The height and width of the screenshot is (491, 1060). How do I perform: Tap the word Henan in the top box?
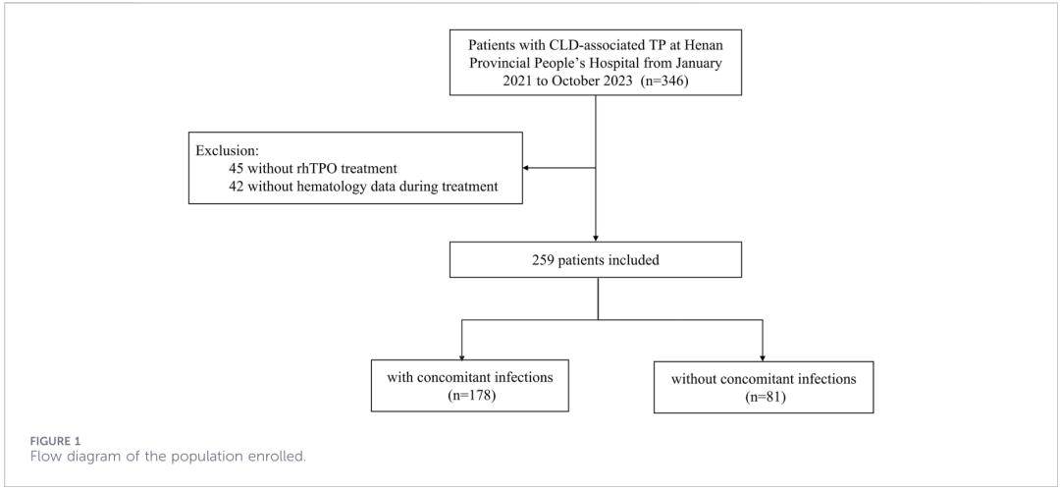tap(703, 45)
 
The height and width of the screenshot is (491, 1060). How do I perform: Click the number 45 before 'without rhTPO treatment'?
tap(237, 168)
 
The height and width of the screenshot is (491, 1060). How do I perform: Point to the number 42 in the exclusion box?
tap(237, 186)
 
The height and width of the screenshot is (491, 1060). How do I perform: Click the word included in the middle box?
tap(635, 259)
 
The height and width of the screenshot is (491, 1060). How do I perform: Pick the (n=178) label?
tap(470, 396)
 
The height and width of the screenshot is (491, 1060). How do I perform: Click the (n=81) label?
tap(764, 397)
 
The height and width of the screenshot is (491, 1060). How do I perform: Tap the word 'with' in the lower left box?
tap(398, 377)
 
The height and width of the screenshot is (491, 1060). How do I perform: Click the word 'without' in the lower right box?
tap(694, 379)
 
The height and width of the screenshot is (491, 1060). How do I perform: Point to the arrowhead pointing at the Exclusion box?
tap(527, 168)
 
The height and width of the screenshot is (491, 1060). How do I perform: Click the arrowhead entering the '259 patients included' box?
tap(596, 238)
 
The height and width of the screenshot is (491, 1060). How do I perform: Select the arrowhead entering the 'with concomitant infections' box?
tap(461, 356)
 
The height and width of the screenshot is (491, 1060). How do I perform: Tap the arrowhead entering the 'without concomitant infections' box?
tap(763, 357)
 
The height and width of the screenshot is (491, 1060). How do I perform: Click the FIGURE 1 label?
tap(55, 442)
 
